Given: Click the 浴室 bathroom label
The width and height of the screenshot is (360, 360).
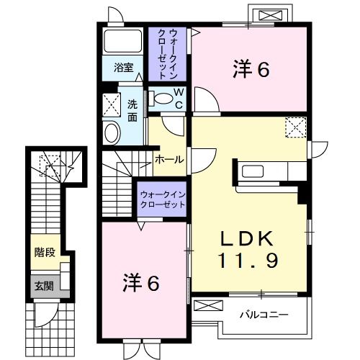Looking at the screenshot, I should point(124,68).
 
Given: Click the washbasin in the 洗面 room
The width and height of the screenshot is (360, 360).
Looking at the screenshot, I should point(112,132).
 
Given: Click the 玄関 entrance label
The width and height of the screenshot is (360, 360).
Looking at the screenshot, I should point(43,285).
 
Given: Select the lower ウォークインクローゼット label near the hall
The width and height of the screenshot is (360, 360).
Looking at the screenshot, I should point(163,199).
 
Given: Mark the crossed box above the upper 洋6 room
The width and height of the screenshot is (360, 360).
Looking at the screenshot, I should point(271,14).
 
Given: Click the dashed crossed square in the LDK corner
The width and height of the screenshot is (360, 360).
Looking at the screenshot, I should point(295,127).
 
